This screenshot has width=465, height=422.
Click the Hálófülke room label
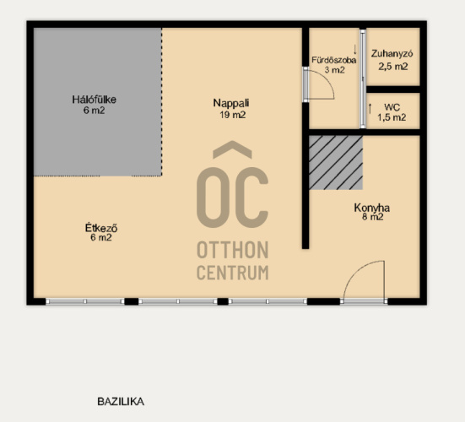click(94, 100)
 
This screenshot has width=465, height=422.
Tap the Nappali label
click(231, 103)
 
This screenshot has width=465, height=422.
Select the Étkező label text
click(101, 228)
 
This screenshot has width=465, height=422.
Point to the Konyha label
click(372, 208)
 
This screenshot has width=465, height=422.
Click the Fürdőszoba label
click(334, 61)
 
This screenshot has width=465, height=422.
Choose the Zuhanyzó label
click(392, 54)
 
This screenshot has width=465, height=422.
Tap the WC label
click(392, 107)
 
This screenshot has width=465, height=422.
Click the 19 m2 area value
click(233, 115)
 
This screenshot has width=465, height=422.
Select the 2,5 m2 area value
click(393, 67)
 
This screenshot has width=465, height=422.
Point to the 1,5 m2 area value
click(392, 117)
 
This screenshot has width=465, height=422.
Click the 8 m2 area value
click(372, 217)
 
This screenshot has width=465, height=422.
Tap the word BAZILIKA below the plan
click(121, 402)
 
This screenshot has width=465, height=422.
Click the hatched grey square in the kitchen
click(336, 163)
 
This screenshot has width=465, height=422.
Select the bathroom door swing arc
click(327, 79)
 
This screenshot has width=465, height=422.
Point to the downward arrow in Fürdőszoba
click(355, 50)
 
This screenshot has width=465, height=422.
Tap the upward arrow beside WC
click(370, 109)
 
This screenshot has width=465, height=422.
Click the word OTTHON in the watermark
click(233, 250)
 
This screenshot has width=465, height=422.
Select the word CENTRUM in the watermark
click(233, 273)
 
